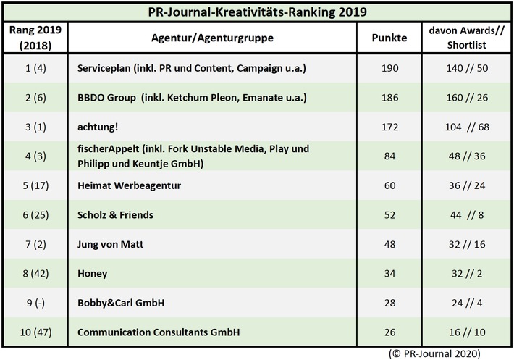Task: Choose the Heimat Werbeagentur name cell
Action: click(x=128, y=185)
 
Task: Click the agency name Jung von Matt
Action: click(x=110, y=245)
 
